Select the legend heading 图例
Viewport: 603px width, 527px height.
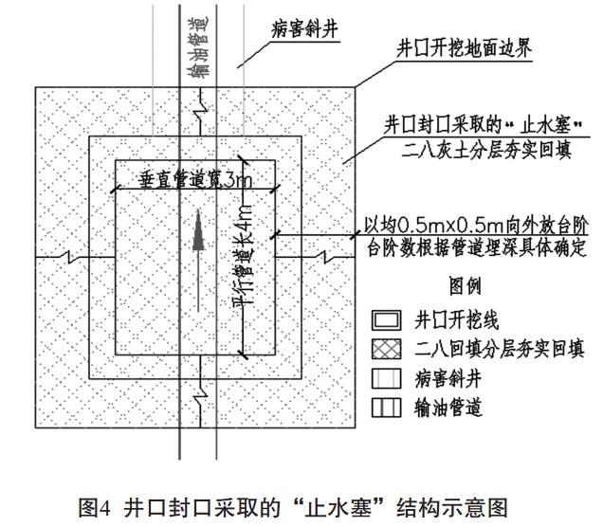click(x=465, y=283)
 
